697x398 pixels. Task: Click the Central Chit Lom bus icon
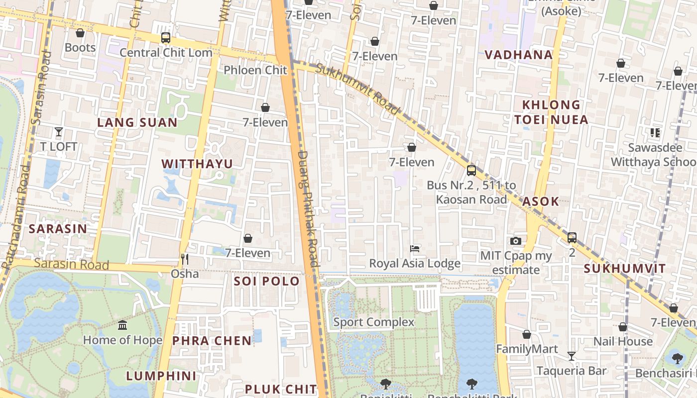pos(166,38)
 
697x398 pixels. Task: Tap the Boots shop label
pos(80,48)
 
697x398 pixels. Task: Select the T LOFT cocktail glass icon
pos(59,132)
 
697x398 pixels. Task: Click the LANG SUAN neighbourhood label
pos(137,122)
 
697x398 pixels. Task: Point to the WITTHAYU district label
pos(197,164)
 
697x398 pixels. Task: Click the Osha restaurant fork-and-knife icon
pos(185,259)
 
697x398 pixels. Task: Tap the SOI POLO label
pos(267,281)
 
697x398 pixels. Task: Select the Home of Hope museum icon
pos(122,325)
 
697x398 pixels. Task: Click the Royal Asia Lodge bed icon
pos(415,248)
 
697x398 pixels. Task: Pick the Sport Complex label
pos(373,322)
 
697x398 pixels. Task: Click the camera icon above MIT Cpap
pos(516,241)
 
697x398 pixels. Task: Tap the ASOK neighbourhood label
pos(541,201)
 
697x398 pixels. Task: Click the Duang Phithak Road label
pos(307,209)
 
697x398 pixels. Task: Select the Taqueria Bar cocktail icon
pos(572,356)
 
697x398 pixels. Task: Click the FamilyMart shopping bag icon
pos(527,334)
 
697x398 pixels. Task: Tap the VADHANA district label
pos(519,55)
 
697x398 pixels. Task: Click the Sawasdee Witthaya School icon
pos(655,133)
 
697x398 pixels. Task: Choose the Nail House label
pos(623,341)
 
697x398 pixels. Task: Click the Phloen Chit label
pos(255,70)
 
